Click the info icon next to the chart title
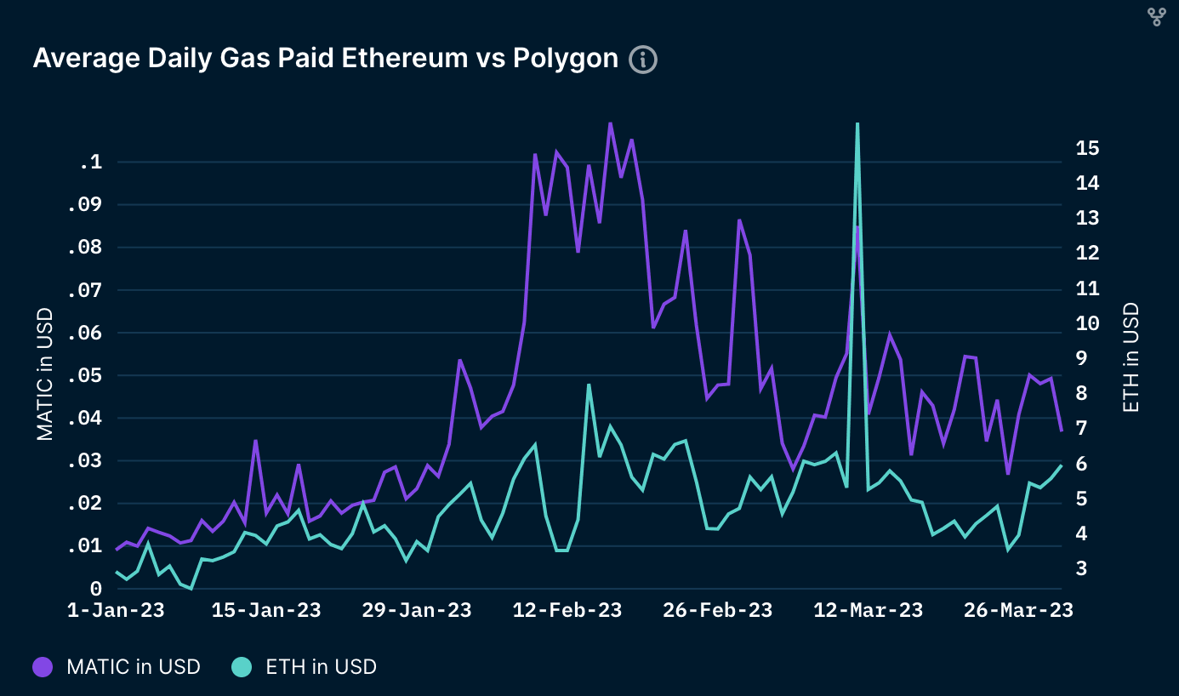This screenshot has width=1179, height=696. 643,60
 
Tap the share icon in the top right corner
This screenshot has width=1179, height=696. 1156,17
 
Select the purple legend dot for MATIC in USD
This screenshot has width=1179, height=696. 43,667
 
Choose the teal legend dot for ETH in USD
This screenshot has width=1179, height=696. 242,667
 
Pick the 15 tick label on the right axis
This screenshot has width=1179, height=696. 1087,148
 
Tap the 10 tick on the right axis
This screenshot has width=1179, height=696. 1087,323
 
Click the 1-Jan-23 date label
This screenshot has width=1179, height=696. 115,611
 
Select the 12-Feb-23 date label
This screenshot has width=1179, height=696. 567,611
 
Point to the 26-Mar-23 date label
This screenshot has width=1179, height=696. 1018,611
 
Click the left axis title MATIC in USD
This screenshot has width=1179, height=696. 45,374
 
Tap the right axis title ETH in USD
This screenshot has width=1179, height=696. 1131,357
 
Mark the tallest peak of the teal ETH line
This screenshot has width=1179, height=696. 857,124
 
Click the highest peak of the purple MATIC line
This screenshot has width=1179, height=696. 610,123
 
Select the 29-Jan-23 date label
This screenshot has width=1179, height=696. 417,611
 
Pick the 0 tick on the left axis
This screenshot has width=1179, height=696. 96,589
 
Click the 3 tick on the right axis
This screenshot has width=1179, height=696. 1082,568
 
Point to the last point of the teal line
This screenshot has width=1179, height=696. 1061,465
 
